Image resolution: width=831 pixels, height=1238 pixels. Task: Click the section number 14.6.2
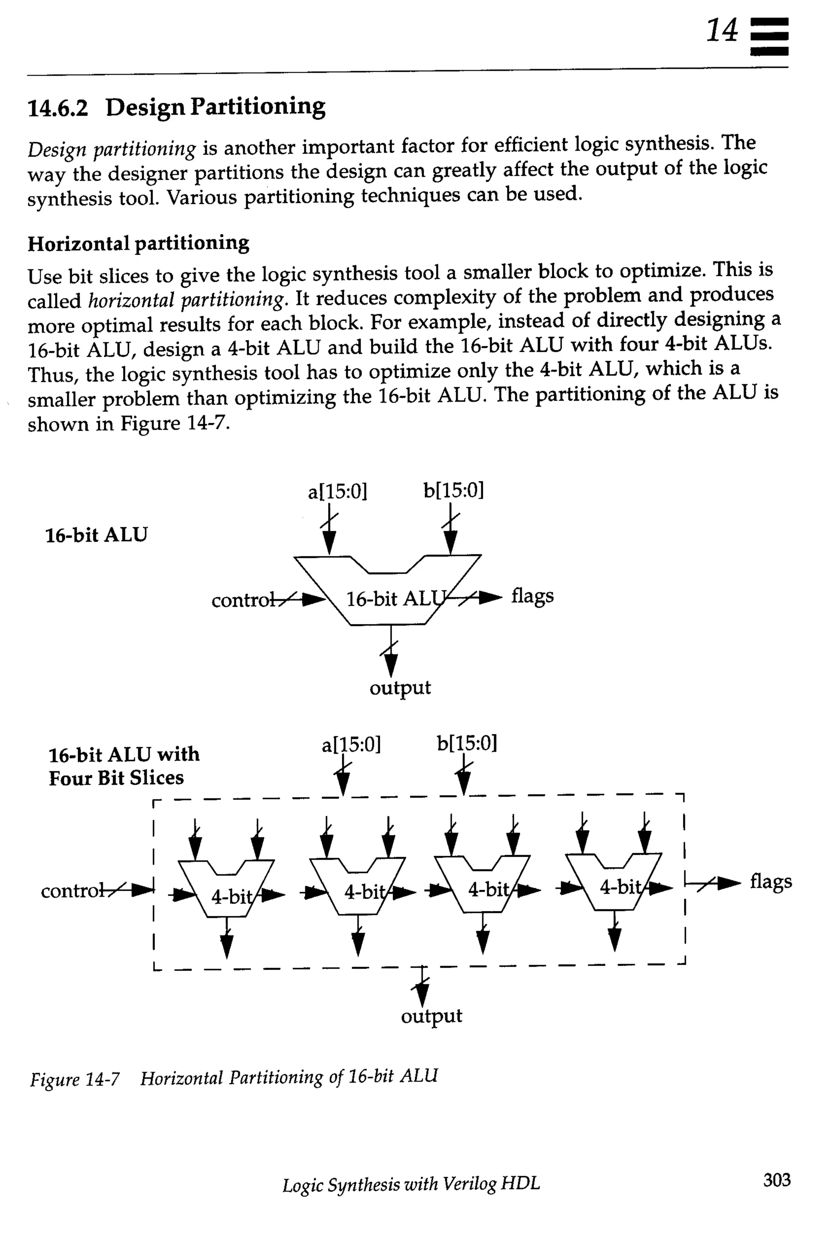[x=57, y=108]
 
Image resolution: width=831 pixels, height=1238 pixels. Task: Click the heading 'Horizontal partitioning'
[x=138, y=244]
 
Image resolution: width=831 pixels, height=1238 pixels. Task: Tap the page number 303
[x=776, y=1179]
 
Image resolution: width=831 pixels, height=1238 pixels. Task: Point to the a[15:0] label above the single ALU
[x=338, y=492]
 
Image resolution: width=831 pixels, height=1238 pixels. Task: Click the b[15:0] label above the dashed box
[x=467, y=744]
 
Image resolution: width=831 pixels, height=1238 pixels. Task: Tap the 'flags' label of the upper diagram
[x=532, y=596]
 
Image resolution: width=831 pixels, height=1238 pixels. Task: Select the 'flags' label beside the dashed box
[x=771, y=881]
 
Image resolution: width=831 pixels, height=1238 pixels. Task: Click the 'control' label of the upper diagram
[x=243, y=600]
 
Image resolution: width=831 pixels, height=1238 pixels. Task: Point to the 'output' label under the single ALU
[x=400, y=688]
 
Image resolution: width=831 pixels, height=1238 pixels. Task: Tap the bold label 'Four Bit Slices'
[x=116, y=778]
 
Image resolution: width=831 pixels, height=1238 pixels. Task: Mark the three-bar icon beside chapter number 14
[x=769, y=37]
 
